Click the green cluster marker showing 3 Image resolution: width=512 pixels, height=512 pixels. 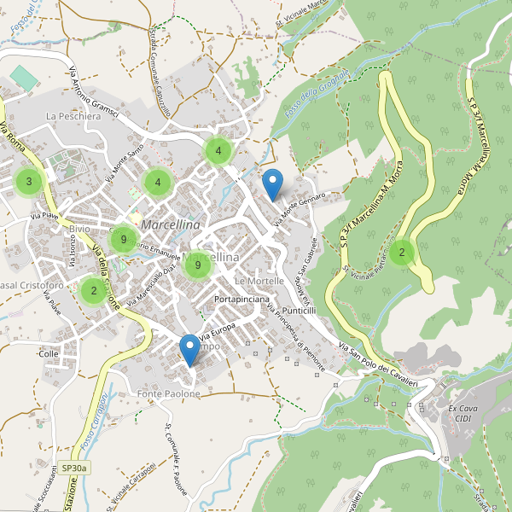[29, 181]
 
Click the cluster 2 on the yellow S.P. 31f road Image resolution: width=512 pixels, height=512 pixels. [401, 252]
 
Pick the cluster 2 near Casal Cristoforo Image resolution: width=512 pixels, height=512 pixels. [93, 291]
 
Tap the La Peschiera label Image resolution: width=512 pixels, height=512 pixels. [73, 116]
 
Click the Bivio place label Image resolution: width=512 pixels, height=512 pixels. [79, 230]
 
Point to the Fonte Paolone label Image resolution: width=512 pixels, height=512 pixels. [168, 393]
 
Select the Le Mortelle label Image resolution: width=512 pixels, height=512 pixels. [259, 281]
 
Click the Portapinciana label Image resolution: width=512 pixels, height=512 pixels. [242, 300]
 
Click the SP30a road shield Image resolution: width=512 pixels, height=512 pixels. [75, 468]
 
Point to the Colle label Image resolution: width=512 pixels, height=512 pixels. [48, 352]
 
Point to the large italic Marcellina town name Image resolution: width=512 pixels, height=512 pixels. [172, 224]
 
